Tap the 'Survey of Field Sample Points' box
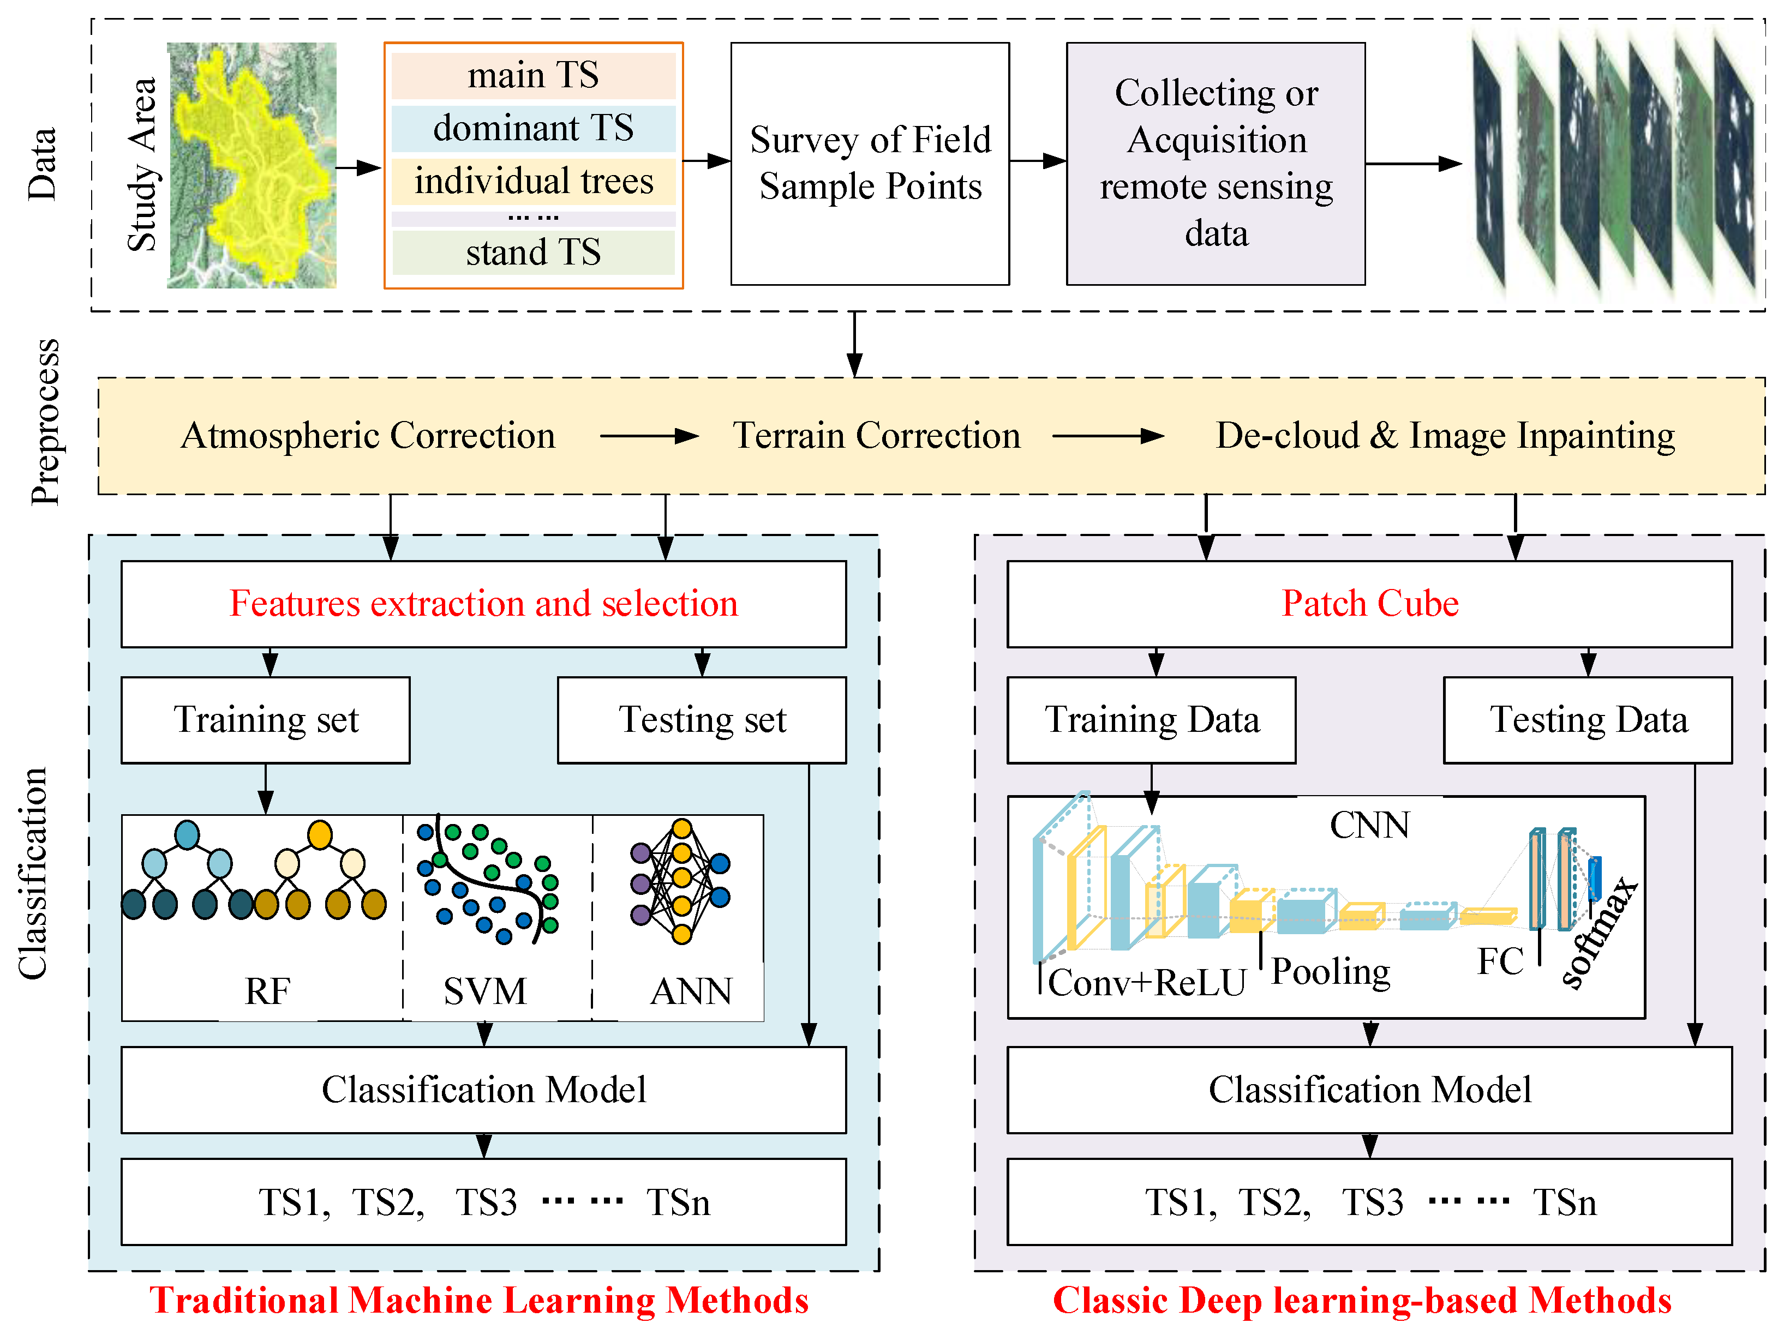click(x=869, y=163)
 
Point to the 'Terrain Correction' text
click(x=876, y=435)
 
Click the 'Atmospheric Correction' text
click(x=368, y=435)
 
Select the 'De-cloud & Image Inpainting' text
click(x=1445, y=435)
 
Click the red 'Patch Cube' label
click(x=1369, y=603)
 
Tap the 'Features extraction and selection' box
click(x=483, y=603)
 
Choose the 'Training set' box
click(x=266, y=719)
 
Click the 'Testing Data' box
click(x=1587, y=719)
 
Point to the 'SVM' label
click(x=484, y=991)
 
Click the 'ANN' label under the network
click(x=691, y=991)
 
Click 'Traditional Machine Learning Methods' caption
click(x=479, y=1300)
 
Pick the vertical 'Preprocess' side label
click(x=45, y=422)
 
